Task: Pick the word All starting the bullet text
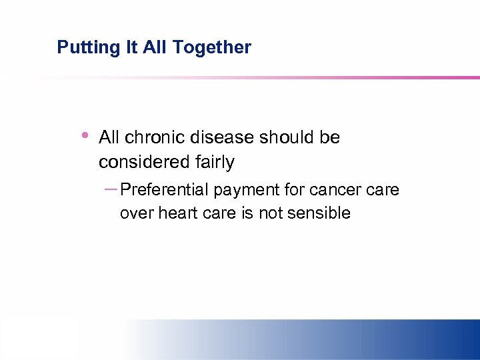coord(110,137)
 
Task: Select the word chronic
coord(154,137)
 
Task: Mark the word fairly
coord(215,162)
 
